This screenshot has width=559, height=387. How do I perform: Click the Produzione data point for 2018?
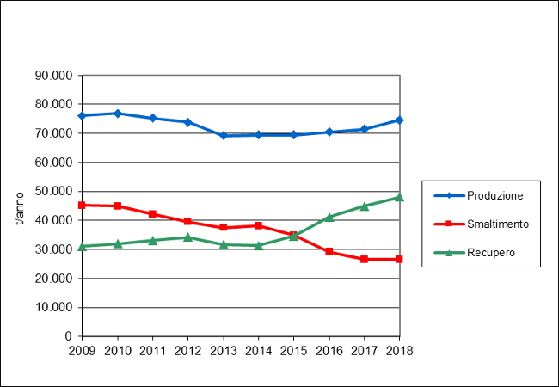(x=399, y=120)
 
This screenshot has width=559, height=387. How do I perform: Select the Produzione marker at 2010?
(x=117, y=114)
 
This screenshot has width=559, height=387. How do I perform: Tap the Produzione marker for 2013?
(x=223, y=135)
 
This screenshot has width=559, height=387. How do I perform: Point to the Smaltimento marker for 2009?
(x=82, y=205)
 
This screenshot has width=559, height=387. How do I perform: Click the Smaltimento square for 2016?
(x=329, y=251)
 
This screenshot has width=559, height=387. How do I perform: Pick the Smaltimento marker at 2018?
(x=399, y=259)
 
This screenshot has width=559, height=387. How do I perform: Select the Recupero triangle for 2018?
(x=399, y=197)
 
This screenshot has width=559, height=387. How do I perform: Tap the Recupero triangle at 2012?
(x=187, y=236)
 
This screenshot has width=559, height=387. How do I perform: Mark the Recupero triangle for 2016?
(x=329, y=217)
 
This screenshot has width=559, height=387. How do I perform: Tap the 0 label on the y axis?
(x=69, y=336)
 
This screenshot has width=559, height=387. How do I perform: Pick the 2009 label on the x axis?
(x=82, y=350)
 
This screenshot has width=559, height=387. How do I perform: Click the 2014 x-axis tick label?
(x=258, y=350)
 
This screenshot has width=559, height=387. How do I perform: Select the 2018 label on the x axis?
(x=399, y=350)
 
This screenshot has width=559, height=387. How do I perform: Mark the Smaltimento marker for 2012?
(x=187, y=222)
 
